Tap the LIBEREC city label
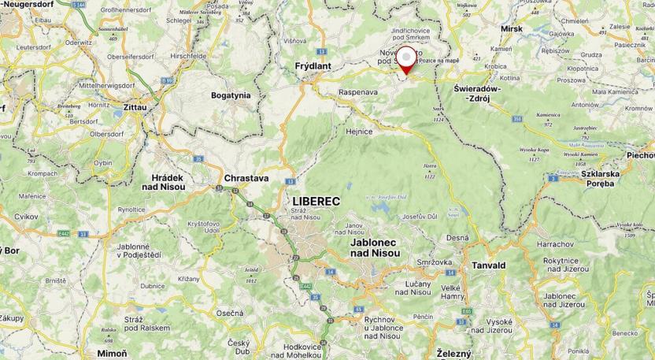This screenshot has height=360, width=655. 316,201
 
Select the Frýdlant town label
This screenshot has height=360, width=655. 313,66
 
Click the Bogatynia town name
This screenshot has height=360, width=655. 231,95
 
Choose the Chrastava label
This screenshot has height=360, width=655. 246,178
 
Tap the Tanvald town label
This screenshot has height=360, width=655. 488,266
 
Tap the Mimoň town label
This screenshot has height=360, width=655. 112,353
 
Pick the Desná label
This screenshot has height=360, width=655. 457,237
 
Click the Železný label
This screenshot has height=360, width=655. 454,354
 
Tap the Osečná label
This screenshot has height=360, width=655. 230,313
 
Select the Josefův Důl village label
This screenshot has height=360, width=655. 420,217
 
